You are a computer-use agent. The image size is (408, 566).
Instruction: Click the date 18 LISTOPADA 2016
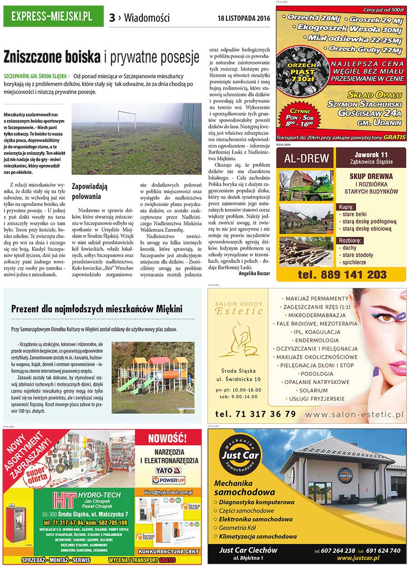[x=244, y=19]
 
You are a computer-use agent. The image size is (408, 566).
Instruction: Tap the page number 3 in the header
[x=112, y=18]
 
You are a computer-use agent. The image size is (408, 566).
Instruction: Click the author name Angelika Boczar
[x=254, y=273]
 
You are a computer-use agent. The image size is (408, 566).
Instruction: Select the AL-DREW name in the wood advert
[x=306, y=159]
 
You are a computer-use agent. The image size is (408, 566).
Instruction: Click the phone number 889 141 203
[x=342, y=274]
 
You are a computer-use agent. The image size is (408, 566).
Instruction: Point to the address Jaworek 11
[x=371, y=154]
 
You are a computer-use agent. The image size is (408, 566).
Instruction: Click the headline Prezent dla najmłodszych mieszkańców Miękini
[x=97, y=309]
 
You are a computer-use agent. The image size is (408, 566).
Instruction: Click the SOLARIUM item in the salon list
[x=311, y=390]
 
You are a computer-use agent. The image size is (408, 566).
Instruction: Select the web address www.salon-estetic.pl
[x=354, y=414]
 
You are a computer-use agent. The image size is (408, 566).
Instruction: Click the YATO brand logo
[x=168, y=470]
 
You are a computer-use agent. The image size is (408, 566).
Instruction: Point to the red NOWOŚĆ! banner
[x=167, y=438]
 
